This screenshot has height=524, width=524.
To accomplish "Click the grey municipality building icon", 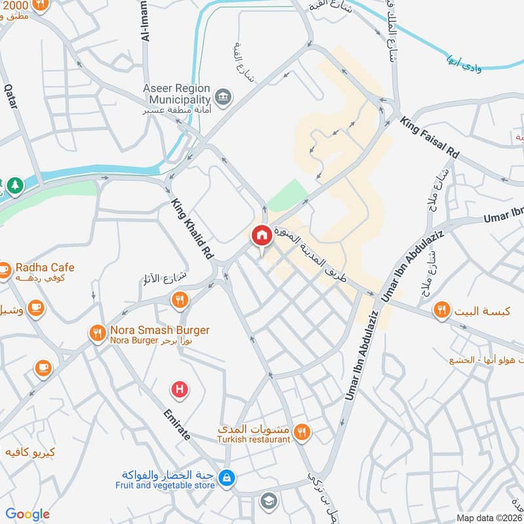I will coord(225,97).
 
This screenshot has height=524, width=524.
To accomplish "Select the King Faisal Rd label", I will coord(430,138).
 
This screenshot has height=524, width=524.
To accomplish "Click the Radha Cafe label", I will coord(45,267).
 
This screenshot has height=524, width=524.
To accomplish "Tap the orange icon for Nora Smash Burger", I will coord(98,334).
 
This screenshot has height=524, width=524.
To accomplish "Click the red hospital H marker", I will coord(179,390).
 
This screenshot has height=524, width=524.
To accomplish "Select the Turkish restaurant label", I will coord(254,440).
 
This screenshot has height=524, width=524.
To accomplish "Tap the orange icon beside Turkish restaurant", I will coord(302,432).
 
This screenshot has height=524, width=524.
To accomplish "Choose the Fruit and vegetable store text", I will coord(165,485).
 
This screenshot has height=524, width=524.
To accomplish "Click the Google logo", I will coord(28,514).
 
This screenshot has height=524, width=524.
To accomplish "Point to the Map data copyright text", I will coord(489,517).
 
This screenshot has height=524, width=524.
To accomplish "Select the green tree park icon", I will coord(15,186).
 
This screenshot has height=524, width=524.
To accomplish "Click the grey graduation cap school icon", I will coord(268,502).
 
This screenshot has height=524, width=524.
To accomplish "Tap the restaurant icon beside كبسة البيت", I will coord(442,310).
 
